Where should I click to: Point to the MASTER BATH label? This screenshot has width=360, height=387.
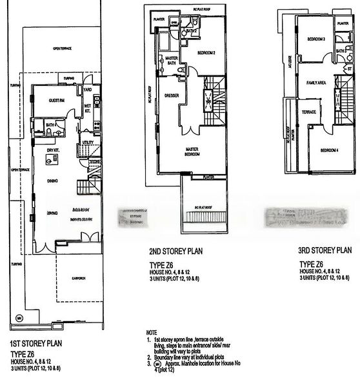click(172, 60)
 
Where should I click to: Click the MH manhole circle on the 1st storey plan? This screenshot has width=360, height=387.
click(19, 318)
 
